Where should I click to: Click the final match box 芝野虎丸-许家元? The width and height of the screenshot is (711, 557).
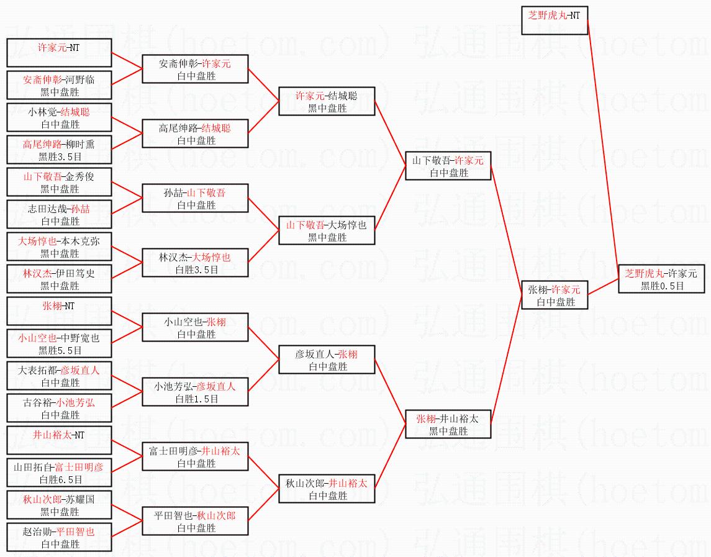pos(661,279)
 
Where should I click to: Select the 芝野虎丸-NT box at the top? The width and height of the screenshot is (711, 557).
pos(555,20)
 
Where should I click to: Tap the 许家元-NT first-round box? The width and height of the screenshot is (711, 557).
pos(59,53)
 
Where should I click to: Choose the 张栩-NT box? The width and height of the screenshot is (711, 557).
pos(59,311)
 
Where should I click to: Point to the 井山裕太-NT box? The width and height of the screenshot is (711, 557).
pos(59,440)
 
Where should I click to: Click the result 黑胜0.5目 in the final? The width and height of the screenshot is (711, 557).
pos(662,286)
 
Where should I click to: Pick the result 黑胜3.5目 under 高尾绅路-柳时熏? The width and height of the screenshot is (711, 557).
pos(60,157)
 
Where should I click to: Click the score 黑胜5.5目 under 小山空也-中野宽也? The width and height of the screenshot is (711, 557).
pos(60,351)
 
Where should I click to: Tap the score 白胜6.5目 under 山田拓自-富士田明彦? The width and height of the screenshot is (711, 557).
pos(60,479)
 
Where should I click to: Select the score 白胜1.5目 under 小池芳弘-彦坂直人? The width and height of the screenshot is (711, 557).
pos(197,399)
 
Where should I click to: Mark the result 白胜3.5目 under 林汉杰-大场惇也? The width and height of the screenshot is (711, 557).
pos(197,270)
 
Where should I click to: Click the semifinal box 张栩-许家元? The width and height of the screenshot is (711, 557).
pos(555,296)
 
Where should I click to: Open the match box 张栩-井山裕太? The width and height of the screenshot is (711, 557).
pos(448,424)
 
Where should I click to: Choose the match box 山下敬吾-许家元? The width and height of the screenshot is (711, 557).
pos(448,166)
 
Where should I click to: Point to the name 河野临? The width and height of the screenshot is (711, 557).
pos(80,80)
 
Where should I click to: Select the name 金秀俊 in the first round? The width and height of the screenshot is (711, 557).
pos(80,176)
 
